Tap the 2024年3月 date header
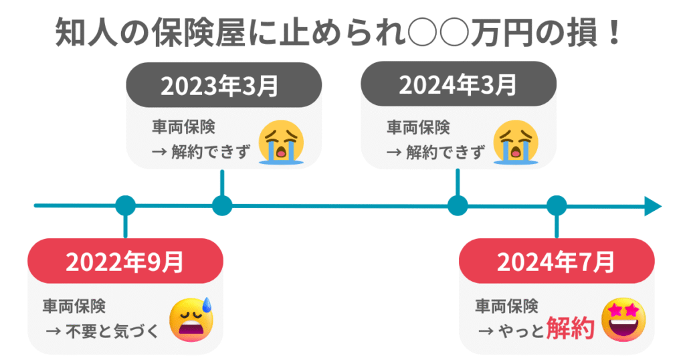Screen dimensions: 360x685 [458, 86]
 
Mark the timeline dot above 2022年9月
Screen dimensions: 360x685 [125, 205]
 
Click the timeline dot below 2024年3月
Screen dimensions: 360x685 [458, 205]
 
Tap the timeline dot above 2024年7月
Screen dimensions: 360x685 [557, 205]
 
